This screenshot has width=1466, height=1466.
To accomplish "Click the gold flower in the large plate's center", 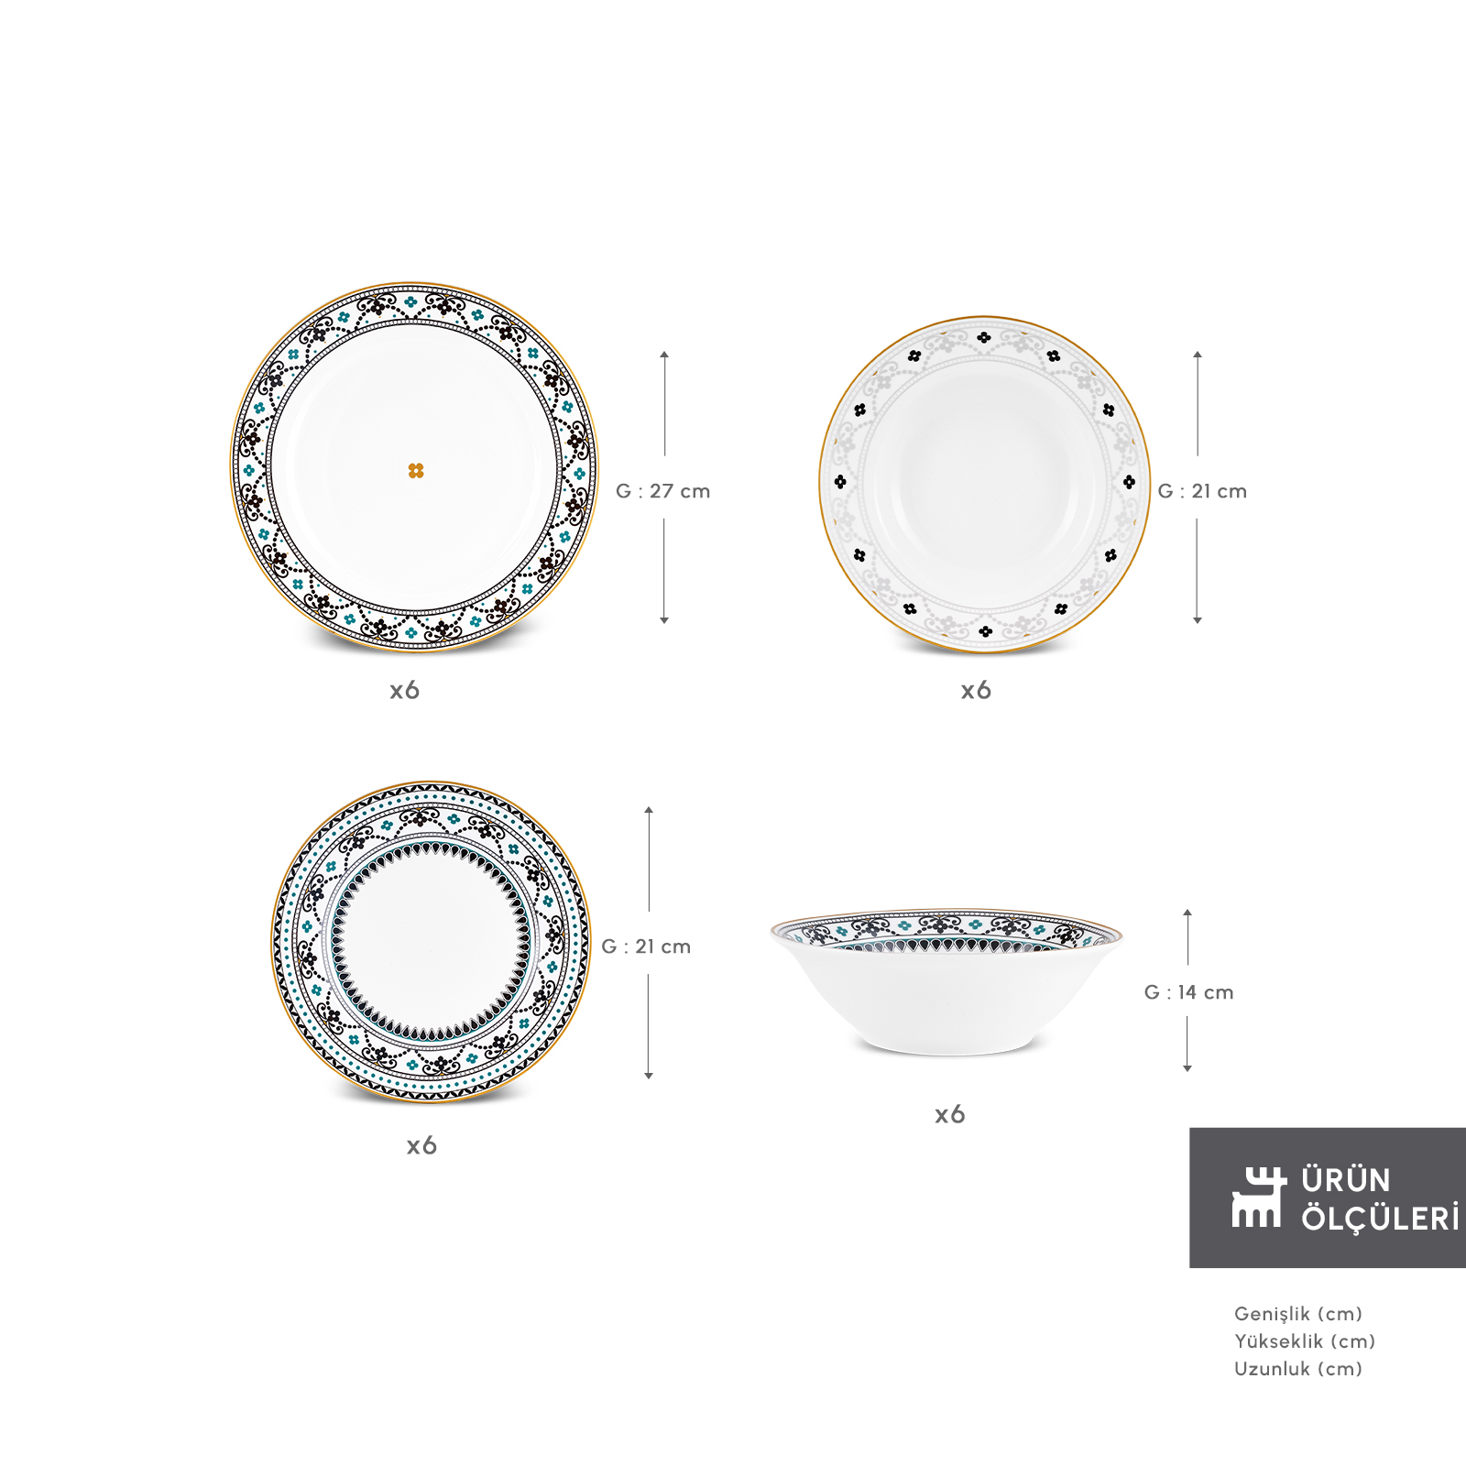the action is coord(416,471).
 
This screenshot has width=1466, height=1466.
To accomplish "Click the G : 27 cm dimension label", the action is coord(662,491).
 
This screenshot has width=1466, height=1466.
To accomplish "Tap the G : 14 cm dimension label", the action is coord(1188,992).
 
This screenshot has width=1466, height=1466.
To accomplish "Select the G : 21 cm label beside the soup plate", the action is coord(1202,491).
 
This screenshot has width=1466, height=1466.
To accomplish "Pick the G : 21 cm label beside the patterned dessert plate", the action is coord(646,946).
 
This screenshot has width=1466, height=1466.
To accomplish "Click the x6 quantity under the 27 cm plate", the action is coord(404,690).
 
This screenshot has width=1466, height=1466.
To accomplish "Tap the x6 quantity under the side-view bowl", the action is coord(950,1114).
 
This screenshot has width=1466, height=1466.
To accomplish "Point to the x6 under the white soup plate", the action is coord(976,690).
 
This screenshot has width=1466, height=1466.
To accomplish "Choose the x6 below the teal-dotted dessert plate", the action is coord(421,1145).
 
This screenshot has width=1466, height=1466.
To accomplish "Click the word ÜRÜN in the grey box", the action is coord(1346,1179).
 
